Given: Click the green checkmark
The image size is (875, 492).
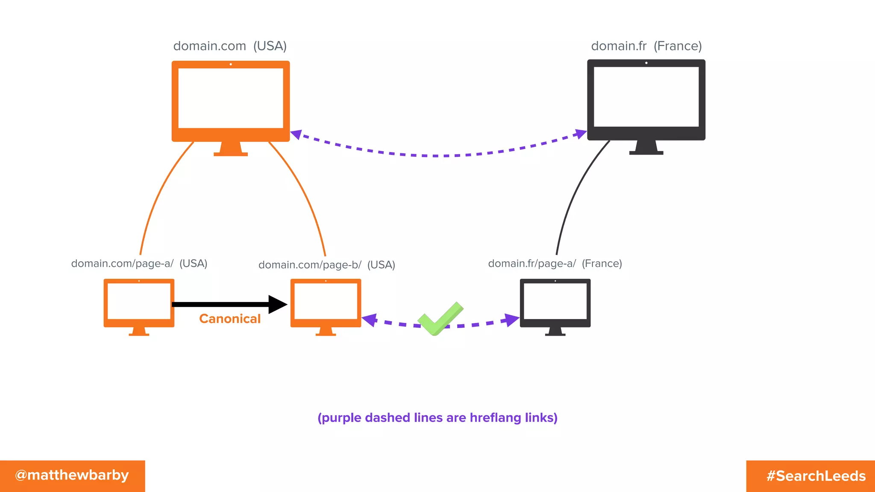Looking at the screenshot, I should [x=440, y=319].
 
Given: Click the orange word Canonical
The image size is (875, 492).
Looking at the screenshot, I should [x=230, y=319].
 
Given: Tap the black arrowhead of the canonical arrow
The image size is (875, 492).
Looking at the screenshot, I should [x=278, y=305].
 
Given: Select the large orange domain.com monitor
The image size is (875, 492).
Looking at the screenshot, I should [x=231, y=101].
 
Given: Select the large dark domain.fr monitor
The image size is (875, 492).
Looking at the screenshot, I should [x=646, y=100].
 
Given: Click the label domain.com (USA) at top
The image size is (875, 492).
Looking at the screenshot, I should [x=230, y=46].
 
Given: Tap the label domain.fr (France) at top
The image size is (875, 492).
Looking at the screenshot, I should [x=646, y=46].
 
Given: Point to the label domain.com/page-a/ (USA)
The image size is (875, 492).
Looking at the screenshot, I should [x=139, y=264].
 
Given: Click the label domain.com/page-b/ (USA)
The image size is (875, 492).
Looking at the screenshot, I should [x=326, y=265].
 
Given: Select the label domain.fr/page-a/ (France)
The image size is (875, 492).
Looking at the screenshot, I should [x=555, y=264].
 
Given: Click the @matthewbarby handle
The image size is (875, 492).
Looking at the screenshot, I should [x=72, y=475].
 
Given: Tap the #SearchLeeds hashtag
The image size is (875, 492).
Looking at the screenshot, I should [x=816, y=476].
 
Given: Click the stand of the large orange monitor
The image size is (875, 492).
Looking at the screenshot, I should [x=231, y=149].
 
